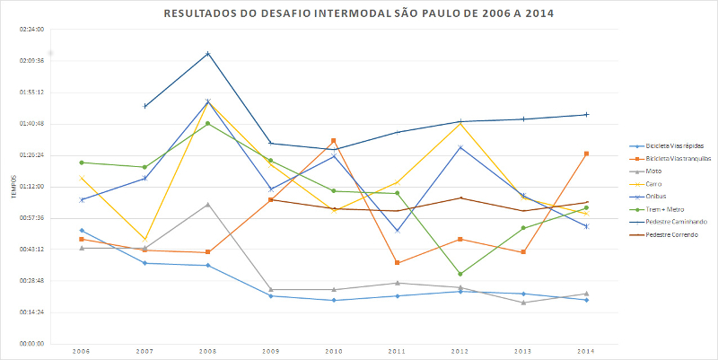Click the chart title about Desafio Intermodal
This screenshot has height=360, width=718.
(x=358, y=14)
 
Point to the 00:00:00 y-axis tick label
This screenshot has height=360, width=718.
(x=31, y=343)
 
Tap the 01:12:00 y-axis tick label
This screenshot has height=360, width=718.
(x=31, y=186)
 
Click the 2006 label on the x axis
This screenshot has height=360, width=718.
(x=81, y=351)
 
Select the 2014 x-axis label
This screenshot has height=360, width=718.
(x=586, y=351)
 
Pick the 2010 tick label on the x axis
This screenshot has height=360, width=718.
(x=334, y=351)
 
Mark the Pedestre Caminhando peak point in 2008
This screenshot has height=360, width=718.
(x=208, y=54)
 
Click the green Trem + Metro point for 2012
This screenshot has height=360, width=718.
(x=460, y=274)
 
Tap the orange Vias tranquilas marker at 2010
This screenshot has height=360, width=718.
(x=334, y=141)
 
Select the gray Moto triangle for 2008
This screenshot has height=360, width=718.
(x=208, y=205)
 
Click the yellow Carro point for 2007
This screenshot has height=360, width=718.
(x=144, y=241)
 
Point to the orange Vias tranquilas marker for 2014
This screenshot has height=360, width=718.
(x=586, y=154)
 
